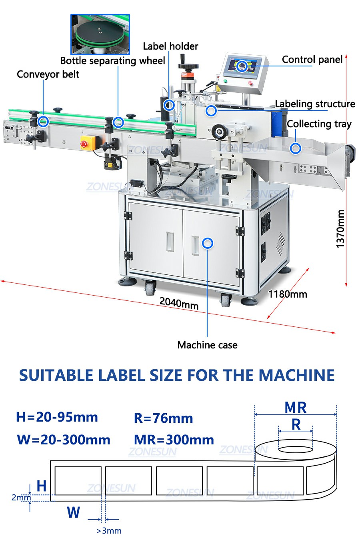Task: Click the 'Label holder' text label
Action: pyautogui.click(x=170, y=46)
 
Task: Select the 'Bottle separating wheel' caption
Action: pyautogui.click(x=112, y=61)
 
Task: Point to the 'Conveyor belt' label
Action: pyautogui.click(x=48, y=74)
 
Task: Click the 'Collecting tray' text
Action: pyautogui.click(x=319, y=124)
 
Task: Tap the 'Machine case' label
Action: pyautogui.click(x=207, y=345)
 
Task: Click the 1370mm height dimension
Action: pyautogui.click(x=340, y=229)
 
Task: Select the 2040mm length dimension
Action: pyautogui.click(x=179, y=303)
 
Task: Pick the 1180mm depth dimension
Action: pyautogui.click(x=288, y=294)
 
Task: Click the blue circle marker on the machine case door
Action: pyautogui.click(x=208, y=243)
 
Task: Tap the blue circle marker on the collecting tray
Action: pyautogui.click(x=296, y=148)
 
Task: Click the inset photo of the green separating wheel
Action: pyautogui.click(x=100, y=34)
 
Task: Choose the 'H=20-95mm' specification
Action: pyautogui.click(x=57, y=417)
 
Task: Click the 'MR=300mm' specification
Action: pyautogui.click(x=174, y=440)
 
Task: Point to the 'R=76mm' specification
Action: pyautogui.click(x=164, y=418)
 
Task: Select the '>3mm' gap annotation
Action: pyautogui.click(x=109, y=531)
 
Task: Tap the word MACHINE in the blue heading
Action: pyautogui.click(x=296, y=375)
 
